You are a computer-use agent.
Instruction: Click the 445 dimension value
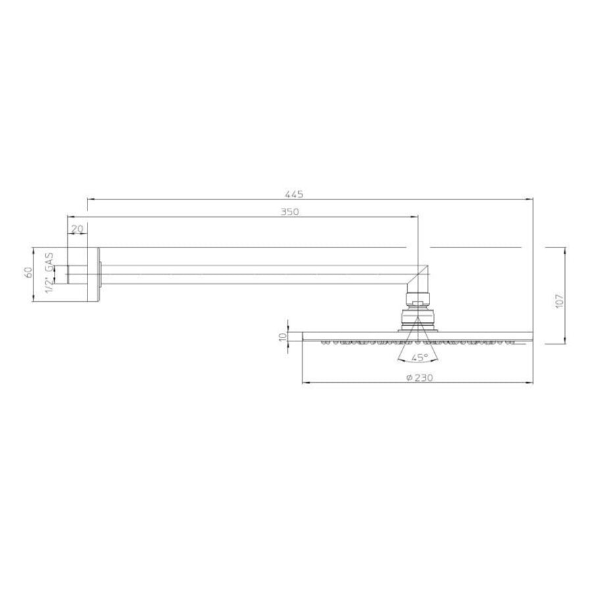click(x=294, y=195)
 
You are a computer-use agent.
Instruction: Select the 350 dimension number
click(x=289, y=212)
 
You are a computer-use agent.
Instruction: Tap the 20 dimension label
click(x=77, y=229)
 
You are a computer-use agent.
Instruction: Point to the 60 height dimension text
click(x=28, y=272)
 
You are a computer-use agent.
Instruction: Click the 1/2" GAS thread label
click(x=49, y=272)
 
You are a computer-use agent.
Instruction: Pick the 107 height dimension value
click(x=560, y=300)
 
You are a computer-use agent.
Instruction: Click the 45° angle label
click(x=420, y=357)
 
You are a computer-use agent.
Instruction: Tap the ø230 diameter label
click(x=420, y=378)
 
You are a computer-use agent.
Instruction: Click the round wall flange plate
click(x=94, y=274)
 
